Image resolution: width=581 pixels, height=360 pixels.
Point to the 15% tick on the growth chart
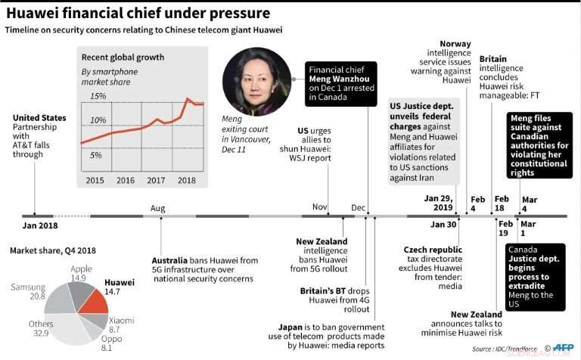98,96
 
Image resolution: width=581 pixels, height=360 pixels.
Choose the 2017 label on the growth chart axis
156,181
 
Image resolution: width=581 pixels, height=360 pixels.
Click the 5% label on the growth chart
97,155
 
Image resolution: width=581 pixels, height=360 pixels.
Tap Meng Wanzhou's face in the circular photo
254,79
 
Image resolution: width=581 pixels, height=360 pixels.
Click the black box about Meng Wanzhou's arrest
338,82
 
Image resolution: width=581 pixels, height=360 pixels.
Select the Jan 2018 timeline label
41,225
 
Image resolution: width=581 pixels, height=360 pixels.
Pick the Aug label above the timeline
158,207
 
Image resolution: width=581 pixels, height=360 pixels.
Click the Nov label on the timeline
319,207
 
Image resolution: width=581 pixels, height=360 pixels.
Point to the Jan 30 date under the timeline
444,225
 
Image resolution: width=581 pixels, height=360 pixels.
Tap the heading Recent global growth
123,57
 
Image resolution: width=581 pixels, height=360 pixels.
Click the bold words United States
39,118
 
